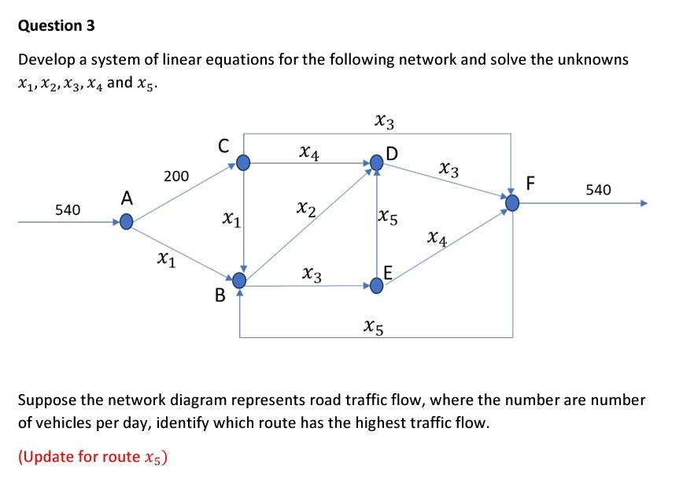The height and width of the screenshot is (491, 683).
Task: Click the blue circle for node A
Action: (126, 222)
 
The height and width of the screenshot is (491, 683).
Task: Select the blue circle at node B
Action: (239, 280)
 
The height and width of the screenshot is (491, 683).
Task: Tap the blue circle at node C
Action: (244, 163)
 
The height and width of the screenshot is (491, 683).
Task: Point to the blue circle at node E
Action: (377, 285)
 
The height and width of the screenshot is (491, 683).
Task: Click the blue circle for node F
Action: (512, 204)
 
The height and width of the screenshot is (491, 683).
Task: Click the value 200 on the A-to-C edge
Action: (175, 176)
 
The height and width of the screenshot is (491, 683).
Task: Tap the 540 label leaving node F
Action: (597, 189)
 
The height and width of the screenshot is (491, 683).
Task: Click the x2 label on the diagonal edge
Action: (306, 209)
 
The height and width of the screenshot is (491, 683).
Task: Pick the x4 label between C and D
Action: (309, 150)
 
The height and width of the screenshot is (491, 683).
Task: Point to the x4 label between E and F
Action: (437, 237)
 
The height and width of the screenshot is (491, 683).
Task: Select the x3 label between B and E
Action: (312, 274)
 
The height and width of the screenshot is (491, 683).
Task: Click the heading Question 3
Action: (56, 25)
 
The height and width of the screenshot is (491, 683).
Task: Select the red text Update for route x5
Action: (93, 458)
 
